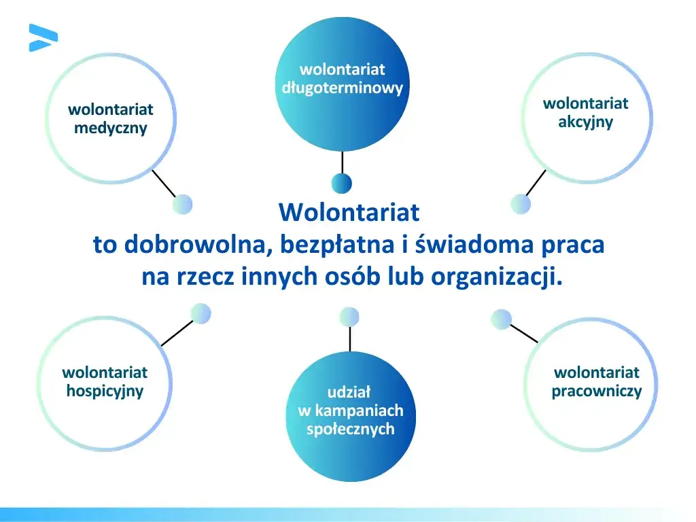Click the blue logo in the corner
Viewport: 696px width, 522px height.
point(43,37)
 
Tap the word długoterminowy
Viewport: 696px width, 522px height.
point(342,88)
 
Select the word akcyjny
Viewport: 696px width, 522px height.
point(585,122)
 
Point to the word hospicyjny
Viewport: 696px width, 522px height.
point(105,391)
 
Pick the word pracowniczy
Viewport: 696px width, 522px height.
point(596,391)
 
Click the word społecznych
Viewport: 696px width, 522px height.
point(350,430)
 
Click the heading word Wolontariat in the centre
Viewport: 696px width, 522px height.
point(349,212)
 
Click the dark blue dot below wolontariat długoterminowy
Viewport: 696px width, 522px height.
point(341,183)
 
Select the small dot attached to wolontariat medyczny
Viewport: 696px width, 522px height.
point(183,204)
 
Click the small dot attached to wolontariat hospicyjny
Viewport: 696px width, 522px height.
point(201,313)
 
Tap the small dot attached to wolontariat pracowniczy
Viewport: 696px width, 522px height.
point(500,318)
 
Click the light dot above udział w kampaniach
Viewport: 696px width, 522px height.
point(349,317)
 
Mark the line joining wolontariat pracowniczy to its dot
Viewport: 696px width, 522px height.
point(523,333)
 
